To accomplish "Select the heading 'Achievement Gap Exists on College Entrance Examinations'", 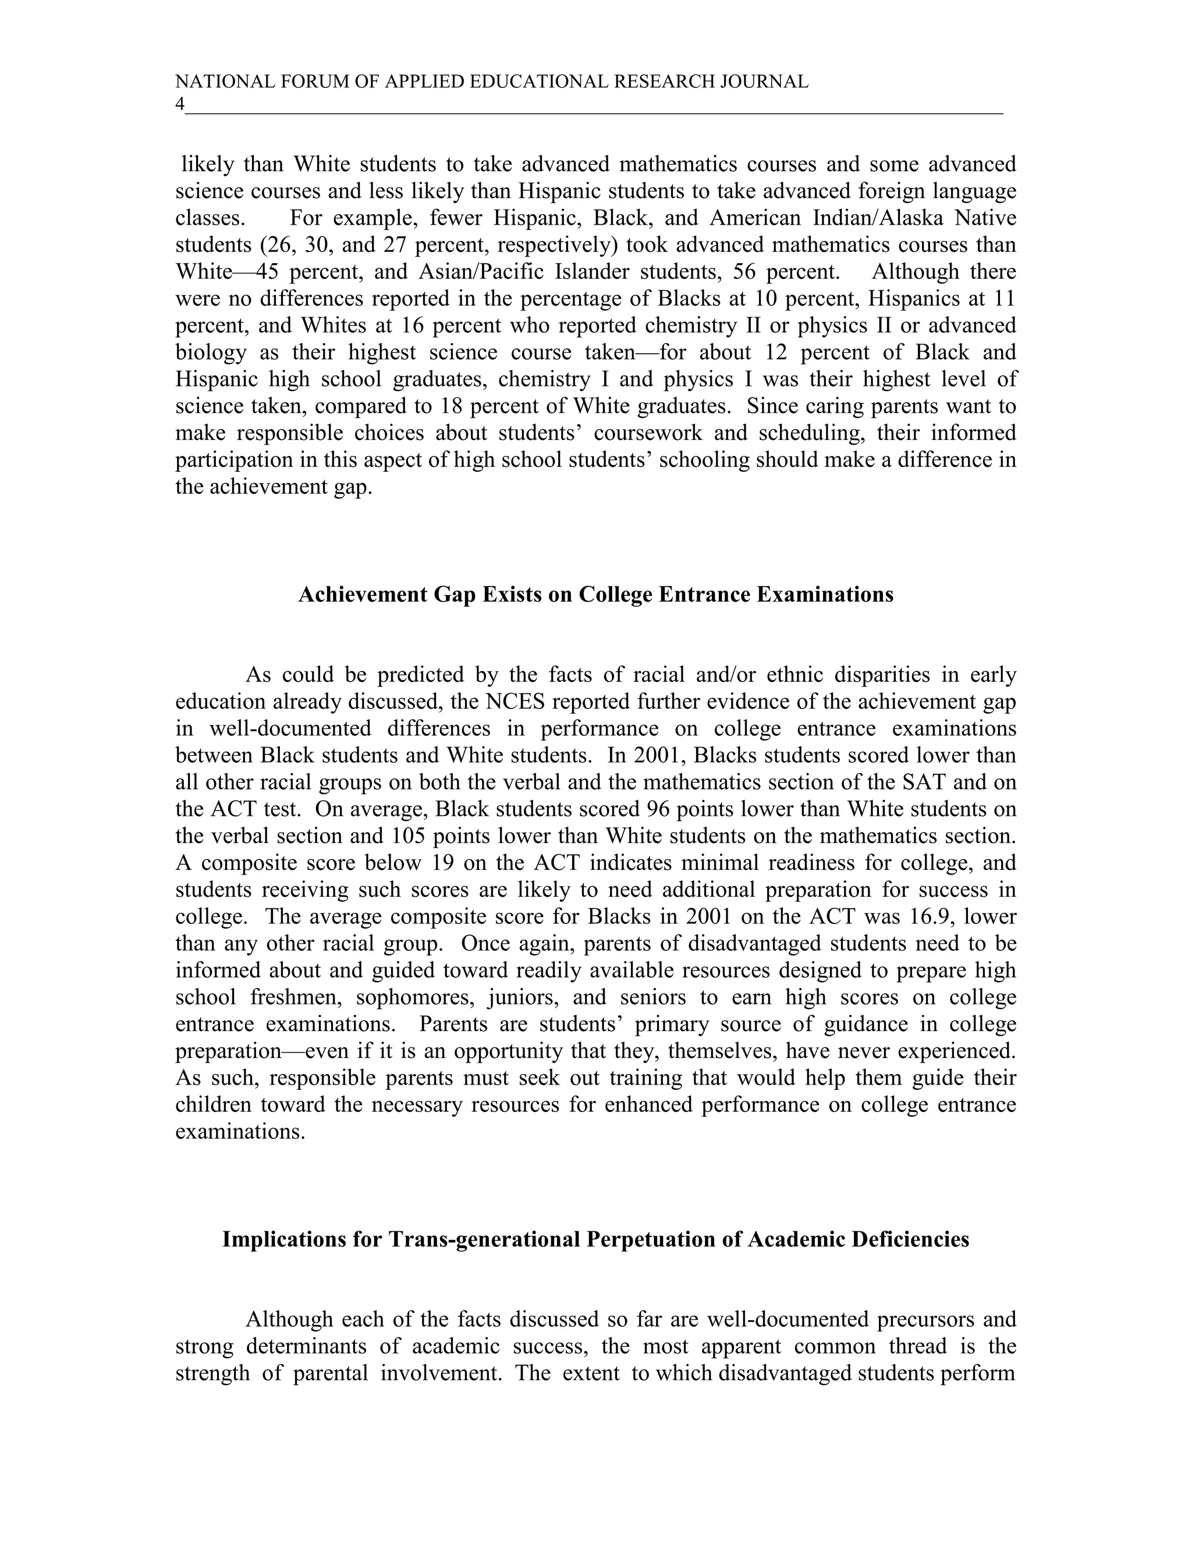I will pyautogui.click(x=595, y=595).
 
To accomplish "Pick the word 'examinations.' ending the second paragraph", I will pyautogui.click(x=240, y=1132).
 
